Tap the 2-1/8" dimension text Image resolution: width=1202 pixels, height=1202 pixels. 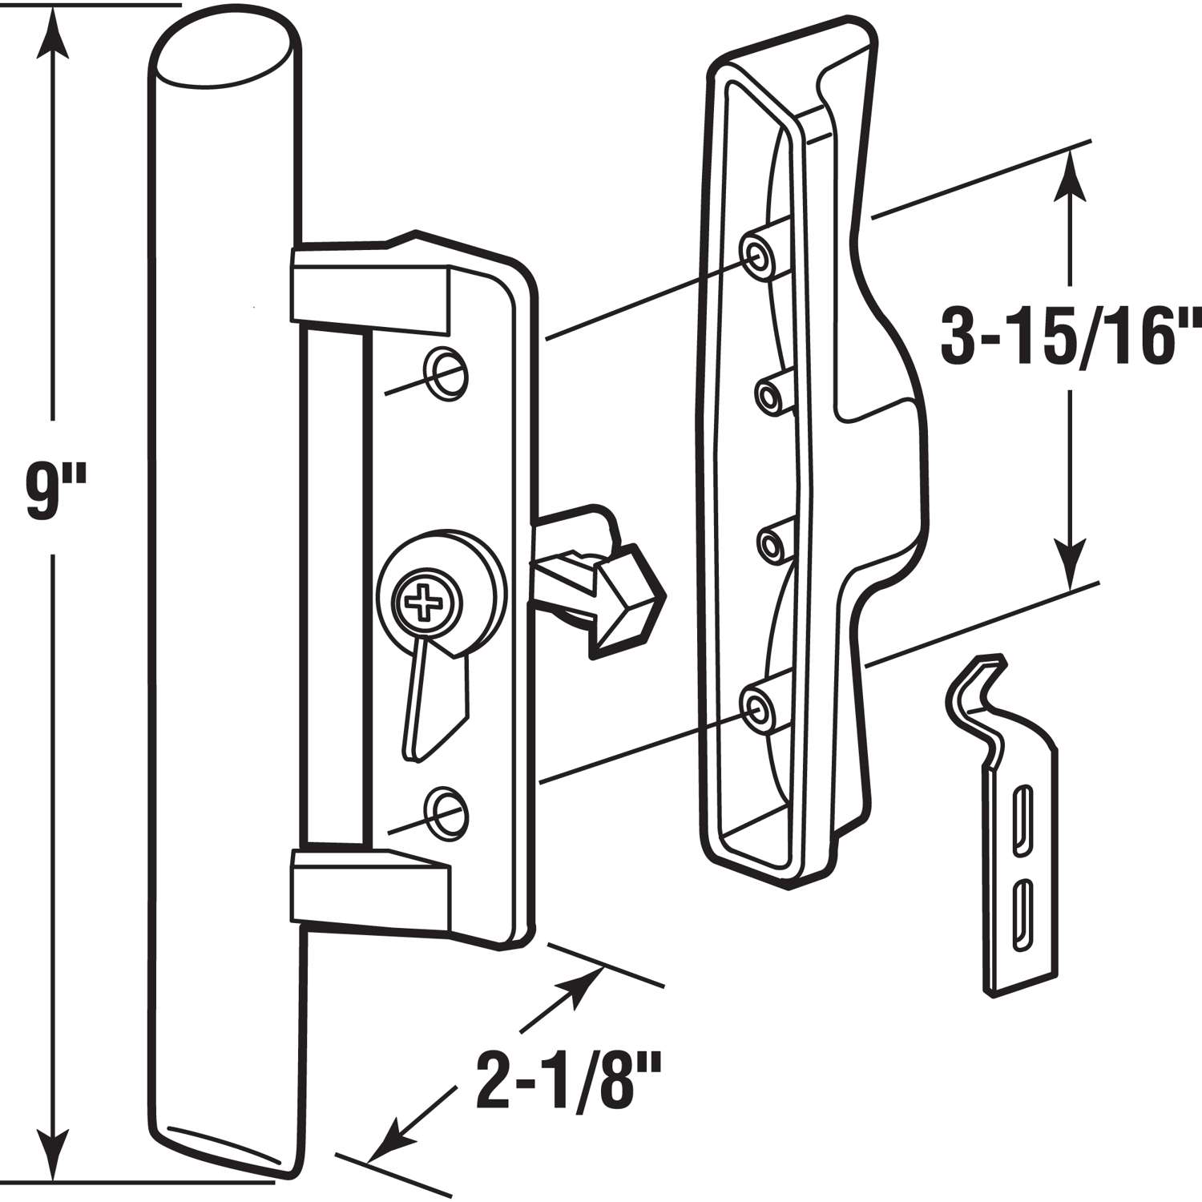coord(560,1081)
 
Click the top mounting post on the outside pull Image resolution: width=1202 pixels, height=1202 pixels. coord(758,250)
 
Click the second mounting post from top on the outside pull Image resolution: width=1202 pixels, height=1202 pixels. coord(770,392)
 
